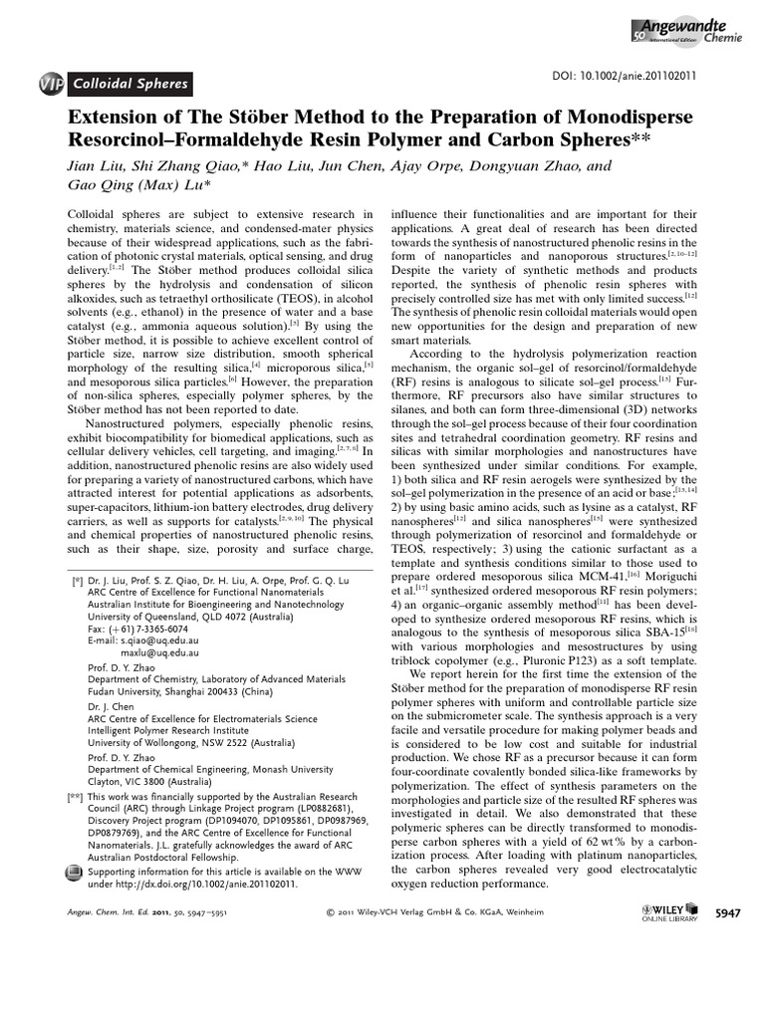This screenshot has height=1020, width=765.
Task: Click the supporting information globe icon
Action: [73, 871]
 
